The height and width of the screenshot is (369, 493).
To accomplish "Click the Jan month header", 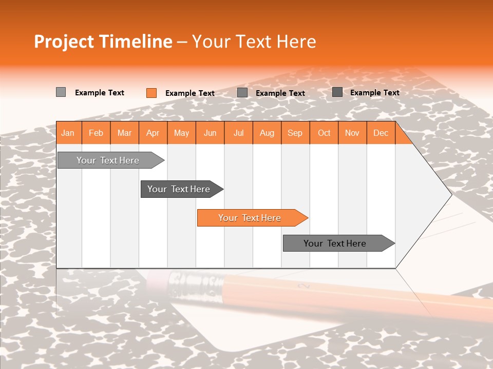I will [x=68, y=133].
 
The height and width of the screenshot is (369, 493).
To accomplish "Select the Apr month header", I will [x=153, y=133].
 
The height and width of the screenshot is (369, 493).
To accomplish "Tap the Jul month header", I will [x=238, y=133].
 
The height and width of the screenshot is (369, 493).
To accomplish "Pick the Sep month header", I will [x=295, y=133].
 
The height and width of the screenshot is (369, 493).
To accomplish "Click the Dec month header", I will [x=381, y=133].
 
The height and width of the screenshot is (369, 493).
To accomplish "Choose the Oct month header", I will [x=324, y=133].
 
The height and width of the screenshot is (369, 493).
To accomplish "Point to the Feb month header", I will [x=96, y=133].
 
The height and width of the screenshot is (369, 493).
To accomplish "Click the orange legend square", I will [x=151, y=93].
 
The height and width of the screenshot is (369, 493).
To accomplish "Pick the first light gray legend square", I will [x=61, y=92].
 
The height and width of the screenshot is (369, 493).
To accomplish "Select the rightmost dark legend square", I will [x=337, y=92].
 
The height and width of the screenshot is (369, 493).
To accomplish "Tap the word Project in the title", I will [x=64, y=42].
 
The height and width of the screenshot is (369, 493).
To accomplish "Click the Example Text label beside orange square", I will [x=189, y=93].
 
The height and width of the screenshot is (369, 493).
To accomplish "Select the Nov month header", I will [x=352, y=133].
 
